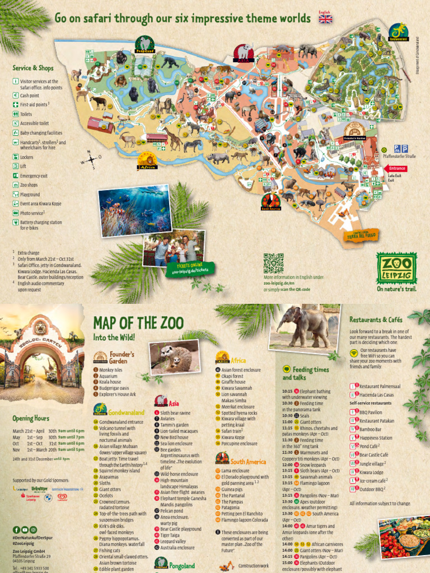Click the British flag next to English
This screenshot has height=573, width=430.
pyautogui.click(x=325, y=18)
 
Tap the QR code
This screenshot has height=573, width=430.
pyautogui.click(x=274, y=263)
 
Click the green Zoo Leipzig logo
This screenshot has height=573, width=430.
pyautogui.click(x=396, y=267)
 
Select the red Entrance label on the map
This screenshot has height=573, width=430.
pyautogui.click(x=397, y=168)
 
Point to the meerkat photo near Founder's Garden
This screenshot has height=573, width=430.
pyautogui.click(x=174, y=357)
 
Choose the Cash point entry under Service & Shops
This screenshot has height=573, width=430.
pyautogui.click(x=31, y=96)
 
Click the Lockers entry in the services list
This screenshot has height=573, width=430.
pyautogui.click(x=26, y=157)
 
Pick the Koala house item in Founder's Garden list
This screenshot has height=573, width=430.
pyautogui.click(x=112, y=382)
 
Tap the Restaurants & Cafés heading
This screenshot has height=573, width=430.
pyautogui.click(x=376, y=320)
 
